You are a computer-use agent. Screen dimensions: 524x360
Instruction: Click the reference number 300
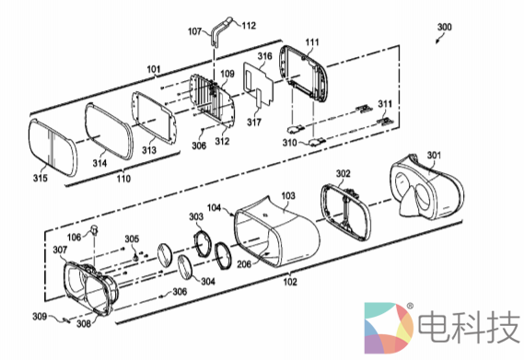(x=445, y=27)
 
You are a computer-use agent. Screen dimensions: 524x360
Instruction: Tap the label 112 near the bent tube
(x=249, y=26)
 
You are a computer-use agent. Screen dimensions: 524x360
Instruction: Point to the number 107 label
(x=195, y=31)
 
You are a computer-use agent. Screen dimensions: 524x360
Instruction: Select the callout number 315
(x=41, y=178)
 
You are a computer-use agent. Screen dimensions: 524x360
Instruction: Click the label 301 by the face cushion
(x=434, y=155)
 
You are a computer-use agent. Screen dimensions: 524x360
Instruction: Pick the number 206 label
(x=244, y=264)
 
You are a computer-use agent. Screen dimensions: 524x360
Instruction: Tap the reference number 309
(x=40, y=316)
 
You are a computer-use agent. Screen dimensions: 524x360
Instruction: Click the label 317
(x=254, y=122)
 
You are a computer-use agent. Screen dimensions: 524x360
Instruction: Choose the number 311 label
(x=385, y=104)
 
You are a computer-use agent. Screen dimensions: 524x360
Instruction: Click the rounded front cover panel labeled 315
(x=52, y=147)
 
